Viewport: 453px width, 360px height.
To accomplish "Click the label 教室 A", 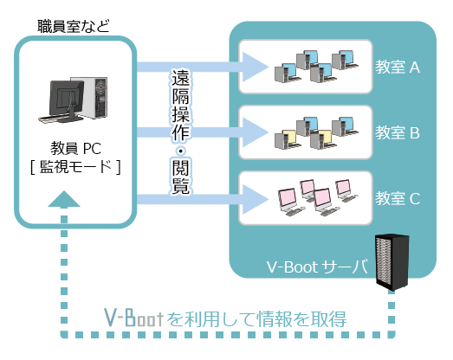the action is click(x=398, y=67).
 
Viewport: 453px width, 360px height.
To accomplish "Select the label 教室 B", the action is click(x=398, y=132).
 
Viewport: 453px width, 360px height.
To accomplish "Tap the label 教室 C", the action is click(x=398, y=198).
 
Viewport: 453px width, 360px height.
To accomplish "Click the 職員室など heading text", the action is click(x=74, y=26).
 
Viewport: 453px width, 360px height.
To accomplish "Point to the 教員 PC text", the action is click(x=75, y=148).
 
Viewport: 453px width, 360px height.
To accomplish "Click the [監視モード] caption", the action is click(x=75, y=167).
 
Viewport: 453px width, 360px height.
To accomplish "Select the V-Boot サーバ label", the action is click(x=317, y=267).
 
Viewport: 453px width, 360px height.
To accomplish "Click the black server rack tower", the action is click(x=392, y=262).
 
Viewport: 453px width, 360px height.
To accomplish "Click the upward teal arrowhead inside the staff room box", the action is click(x=64, y=199).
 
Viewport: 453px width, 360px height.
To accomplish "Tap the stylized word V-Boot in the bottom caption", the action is click(x=133, y=318).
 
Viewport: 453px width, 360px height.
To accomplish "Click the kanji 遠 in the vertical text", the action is click(x=180, y=77).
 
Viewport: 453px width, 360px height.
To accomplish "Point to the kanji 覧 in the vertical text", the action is click(x=180, y=185).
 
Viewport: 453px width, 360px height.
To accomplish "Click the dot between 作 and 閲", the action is click(x=180, y=151).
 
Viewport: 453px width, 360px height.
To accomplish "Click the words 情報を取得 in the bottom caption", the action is click(x=301, y=318).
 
